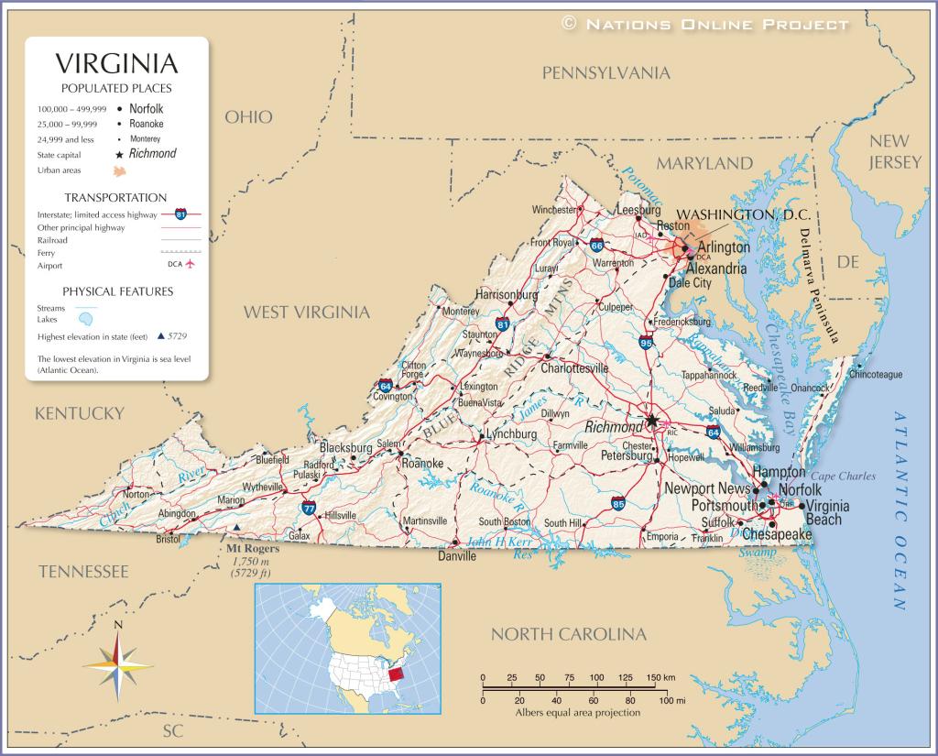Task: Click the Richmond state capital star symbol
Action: pyautogui.click(x=652, y=421)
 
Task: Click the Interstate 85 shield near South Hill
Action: pyautogui.click(x=618, y=503)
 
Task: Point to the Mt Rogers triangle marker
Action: pyautogui.click(x=237, y=528)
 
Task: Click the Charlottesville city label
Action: pyautogui.click(x=574, y=368)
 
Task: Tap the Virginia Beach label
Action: pyautogui.click(x=827, y=512)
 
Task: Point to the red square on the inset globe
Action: pyautogui.click(x=395, y=674)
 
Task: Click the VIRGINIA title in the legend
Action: pyautogui.click(x=116, y=63)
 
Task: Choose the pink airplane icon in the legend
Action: pyautogui.click(x=191, y=265)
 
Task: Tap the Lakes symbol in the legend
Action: pyautogui.click(x=85, y=320)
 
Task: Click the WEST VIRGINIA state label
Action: pyautogui.click(x=306, y=312)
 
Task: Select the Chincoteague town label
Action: pyautogui.click(x=876, y=375)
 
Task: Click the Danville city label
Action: pyautogui.click(x=457, y=555)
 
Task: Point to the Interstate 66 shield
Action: pyautogui.click(x=596, y=246)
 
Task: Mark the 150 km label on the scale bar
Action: pyautogui.click(x=660, y=677)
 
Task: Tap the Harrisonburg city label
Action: pyautogui.click(x=507, y=295)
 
